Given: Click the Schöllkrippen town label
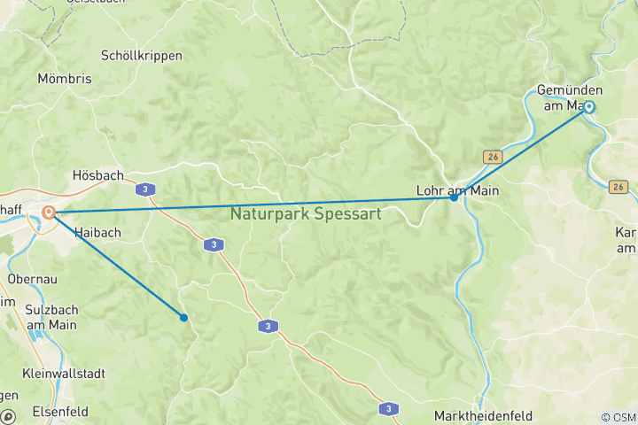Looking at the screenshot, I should point(142,55).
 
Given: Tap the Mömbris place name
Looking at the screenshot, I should point(65,79).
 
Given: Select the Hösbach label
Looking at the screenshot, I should point(97,175).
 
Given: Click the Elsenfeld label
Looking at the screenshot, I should point(60,411).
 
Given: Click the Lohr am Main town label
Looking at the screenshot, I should point(457,189).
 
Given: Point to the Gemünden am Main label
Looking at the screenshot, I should point(570,98).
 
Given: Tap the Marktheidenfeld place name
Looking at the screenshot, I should point(486,415).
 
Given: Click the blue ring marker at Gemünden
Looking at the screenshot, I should point(588,108).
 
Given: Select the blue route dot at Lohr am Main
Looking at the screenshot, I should point(454,197).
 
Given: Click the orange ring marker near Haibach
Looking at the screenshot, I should point(49,212).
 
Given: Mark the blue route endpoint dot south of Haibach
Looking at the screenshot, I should point(184,317).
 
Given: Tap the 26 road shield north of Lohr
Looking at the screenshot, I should point(493,157).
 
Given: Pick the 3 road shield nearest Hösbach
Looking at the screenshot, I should point(143,189).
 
